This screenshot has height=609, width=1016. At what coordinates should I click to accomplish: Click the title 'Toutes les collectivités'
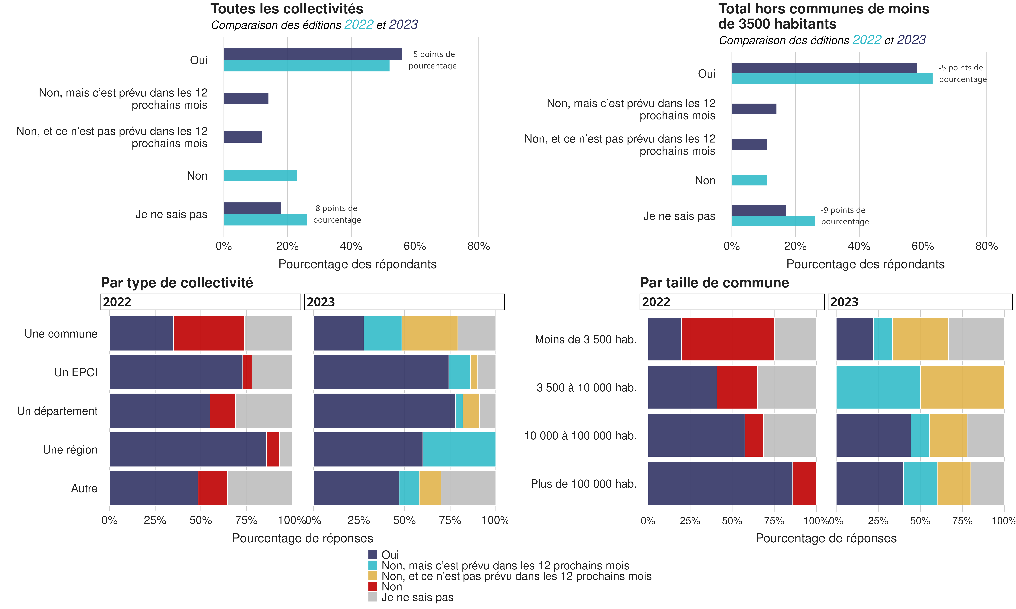click(x=287, y=9)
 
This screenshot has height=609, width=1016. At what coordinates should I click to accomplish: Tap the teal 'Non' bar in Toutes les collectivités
click(x=260, y=176)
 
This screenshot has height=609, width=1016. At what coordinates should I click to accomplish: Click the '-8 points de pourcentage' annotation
click(x=337, y=214)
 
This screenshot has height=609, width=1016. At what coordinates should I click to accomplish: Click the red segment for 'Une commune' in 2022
click(x=209, y=333)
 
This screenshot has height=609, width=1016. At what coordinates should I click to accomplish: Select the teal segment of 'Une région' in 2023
click(x=459, y=449)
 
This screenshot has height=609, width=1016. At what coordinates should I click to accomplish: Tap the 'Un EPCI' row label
click(x=76, y=372)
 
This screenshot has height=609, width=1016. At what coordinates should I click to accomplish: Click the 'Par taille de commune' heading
click(x=714, y=283)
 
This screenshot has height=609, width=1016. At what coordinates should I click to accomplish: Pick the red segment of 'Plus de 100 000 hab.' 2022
click(x=804, y=483)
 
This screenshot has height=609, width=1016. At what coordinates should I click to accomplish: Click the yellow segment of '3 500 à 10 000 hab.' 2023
click(x=962, y=387)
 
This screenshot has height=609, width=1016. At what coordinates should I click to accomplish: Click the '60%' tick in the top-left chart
click(x=415, y=246)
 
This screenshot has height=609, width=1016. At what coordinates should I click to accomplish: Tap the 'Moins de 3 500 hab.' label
click(x=585, y=339)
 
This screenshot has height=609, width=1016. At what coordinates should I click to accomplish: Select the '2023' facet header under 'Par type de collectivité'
click(x=404, y=302)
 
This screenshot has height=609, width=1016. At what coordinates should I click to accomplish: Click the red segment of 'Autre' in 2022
click(x=212, y=488)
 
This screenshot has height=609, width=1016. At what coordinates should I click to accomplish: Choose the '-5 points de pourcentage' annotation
click(x=962, y=73)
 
